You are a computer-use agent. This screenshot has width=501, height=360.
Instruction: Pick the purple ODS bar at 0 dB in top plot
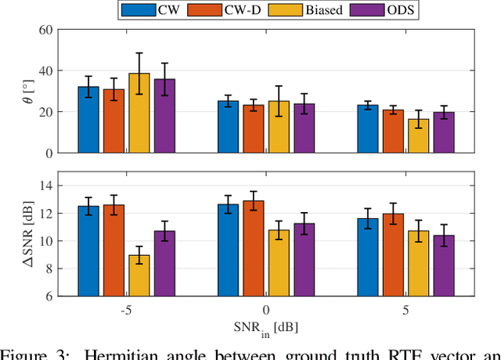pos(304,128)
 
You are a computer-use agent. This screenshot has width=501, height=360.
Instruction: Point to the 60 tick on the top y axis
pos(44,30)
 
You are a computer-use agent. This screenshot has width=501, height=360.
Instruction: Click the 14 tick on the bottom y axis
pos(44,185)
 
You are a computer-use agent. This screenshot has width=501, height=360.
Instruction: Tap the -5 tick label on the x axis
pos(125,309)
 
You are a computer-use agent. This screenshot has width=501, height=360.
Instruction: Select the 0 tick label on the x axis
pos(266,309)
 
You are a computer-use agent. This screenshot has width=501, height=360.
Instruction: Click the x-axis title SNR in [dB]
pos(265,326)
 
